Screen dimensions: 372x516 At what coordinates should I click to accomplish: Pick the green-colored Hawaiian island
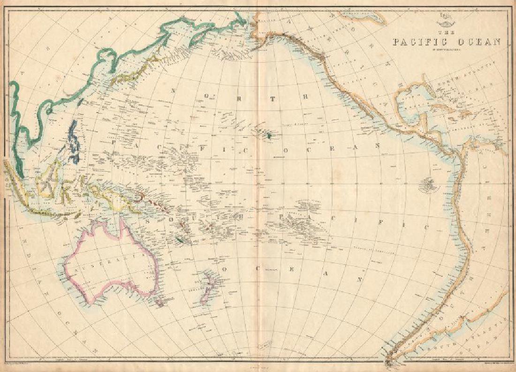pos(270,136)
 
